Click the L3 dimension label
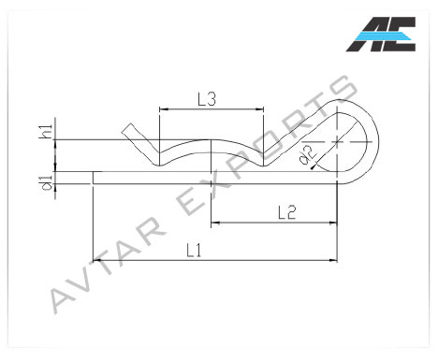[207, 99]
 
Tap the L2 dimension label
[286, 213]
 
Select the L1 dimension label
[194, 251]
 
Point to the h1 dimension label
[46, 132]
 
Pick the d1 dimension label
[47, 182]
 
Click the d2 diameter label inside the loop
[308, 155]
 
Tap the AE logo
[381, 34]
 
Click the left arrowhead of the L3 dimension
[164, 109]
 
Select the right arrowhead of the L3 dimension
[260, 109]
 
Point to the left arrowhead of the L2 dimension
[215, 223]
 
